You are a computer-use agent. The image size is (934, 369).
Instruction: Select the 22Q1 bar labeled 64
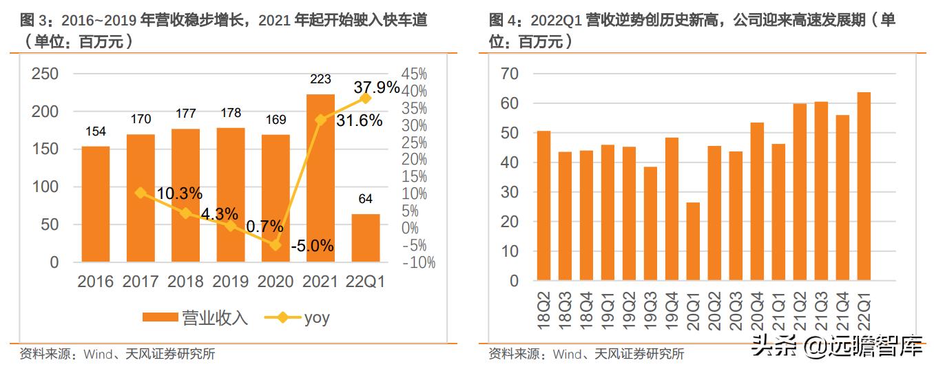click(365, 238)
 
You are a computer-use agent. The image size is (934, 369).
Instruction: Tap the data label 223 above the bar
click(320, 79)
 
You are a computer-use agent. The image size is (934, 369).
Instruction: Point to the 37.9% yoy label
click(376, 87)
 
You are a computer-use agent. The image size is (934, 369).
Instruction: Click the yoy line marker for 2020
click(276, 244)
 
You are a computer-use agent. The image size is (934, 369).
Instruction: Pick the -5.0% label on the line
click(311, 245)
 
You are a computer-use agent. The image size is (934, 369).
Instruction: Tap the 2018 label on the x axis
click(185, 281)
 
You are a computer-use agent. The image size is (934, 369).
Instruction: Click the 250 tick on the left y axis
click(45, 74)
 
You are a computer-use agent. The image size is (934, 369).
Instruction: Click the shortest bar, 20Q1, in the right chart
click(693, 242)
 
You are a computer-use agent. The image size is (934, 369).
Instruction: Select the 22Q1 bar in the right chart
click(864, 187)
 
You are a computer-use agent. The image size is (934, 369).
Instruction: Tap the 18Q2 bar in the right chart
click(543, 206)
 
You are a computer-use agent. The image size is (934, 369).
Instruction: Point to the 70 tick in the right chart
click(510, 74)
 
